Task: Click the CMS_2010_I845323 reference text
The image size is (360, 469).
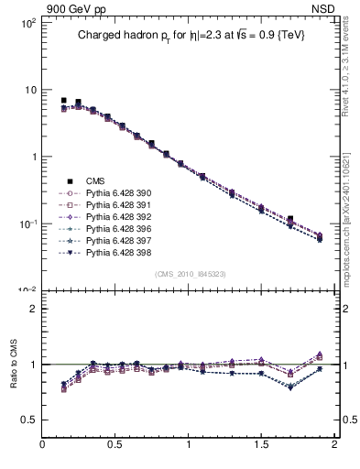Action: (190, 273)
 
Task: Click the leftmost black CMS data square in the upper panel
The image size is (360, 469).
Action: (63, 100)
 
